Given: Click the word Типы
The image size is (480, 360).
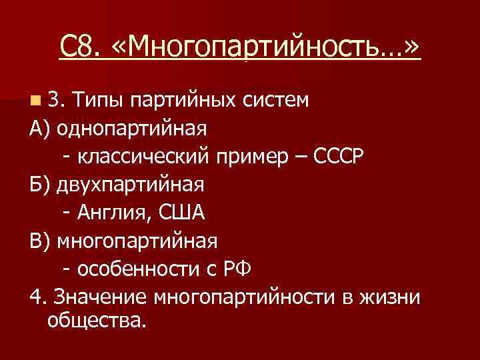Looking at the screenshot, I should (x=100, y=101).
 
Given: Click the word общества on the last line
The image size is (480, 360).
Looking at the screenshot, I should (x=95, y=322).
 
